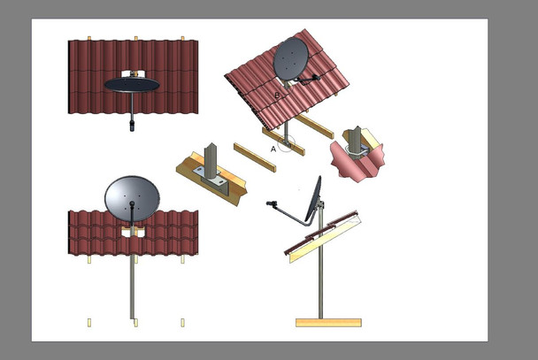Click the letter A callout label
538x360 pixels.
click(273, 149)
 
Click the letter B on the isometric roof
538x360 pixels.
click(277, 96)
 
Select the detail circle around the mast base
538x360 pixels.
click(286, 143)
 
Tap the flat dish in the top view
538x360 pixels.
click(132, 85)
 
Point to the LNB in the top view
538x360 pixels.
click(132, 125)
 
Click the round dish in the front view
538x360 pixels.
click(132, 199)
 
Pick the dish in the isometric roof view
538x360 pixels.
click(290, 59)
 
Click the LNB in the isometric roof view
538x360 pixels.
click(316, 78)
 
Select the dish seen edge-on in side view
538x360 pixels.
click(313, 199)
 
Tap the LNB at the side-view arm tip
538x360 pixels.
click(272, 203)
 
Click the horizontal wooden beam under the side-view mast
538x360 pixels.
click(328, 323)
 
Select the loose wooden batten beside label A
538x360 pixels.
click(255, 157)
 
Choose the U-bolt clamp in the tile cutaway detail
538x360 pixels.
click(356, 152)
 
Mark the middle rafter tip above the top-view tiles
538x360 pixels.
click(136, 38)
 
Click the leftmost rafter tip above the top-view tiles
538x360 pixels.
click(89, 38)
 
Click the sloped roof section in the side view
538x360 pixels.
click(322, 236)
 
